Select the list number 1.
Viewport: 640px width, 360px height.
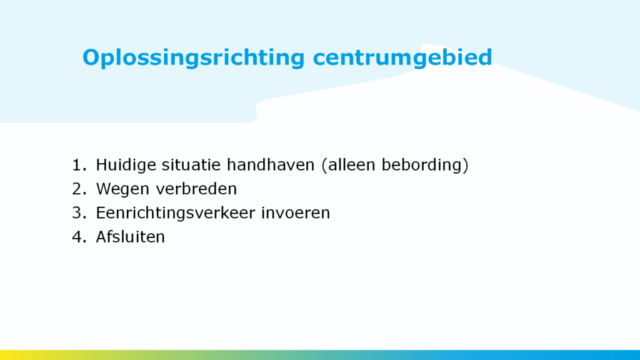pyautogui.click(x=79, y=165)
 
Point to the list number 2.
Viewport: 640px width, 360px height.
pyautogui.click(x=79, y=189)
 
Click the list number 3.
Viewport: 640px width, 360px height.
pyautogui.click(x=79, y=212)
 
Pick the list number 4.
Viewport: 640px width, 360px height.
pyautogui.click(x=79, y=237)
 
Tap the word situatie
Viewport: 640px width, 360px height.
pyautogui.click(x=191, y=165)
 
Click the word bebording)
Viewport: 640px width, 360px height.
pyautogui.click(x=425, y=166)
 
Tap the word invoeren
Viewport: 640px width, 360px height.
pyautogui.click(x=296, y=212)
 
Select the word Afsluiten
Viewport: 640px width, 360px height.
pyautogui.click(x=130, y=237)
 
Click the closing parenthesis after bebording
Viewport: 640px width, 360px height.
pyautogui.click(x=466, y=166)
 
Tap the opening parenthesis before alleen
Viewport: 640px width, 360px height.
pyautogui.click(x=325, y=166)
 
